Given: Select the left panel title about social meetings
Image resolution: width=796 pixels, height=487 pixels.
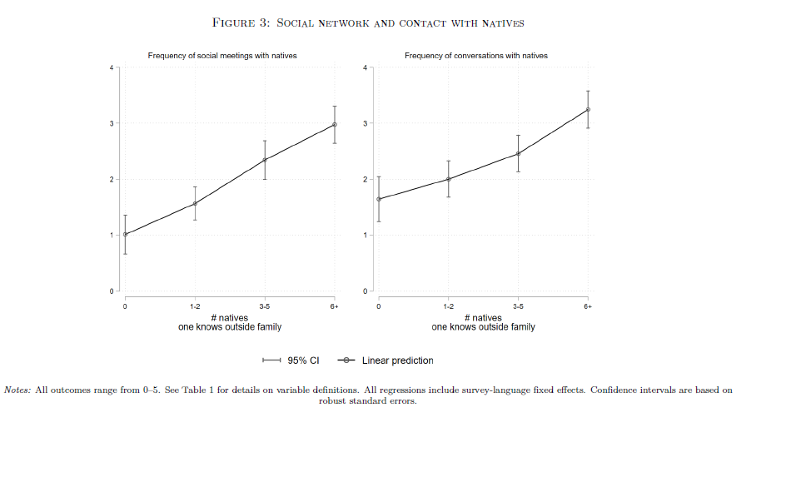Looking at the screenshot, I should (x=222, y=56).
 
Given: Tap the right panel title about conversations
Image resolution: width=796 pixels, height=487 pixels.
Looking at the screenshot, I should (x=476, y=56).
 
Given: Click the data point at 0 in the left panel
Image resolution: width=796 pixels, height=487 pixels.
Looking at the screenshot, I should (x=126, y=234).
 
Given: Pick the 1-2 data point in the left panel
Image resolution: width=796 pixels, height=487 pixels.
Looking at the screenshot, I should (x=195, y=203).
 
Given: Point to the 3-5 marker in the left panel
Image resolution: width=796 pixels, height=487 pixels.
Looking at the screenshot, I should (x=265, y=160).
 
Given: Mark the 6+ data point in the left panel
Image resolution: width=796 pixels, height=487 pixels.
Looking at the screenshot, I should (x=335, y=125).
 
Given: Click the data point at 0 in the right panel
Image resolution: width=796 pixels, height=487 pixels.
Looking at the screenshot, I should (x=379, y=199).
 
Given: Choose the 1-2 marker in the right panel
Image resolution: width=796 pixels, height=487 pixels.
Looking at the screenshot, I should (x=449, y=179).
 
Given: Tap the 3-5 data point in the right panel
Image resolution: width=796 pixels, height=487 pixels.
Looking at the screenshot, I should (x=518, y=153).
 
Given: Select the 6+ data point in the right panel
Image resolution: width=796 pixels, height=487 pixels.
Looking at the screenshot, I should (x=588, y=110).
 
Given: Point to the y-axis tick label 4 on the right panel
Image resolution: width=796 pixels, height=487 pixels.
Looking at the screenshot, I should (x=365, y=67).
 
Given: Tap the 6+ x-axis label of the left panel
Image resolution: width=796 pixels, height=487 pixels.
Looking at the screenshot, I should (x=335, y=306).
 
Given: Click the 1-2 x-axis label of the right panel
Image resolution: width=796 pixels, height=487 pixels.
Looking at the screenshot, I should (x=449, y=306).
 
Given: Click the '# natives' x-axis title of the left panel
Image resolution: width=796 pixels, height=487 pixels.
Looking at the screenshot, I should (x=230, y=318).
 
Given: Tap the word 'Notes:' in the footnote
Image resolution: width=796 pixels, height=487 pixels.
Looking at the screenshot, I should (x=18, y=390).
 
